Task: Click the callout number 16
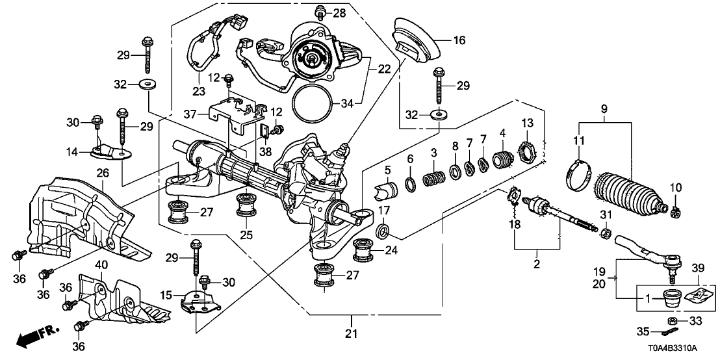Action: [459, 40]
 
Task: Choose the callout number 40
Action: [101, 264]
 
